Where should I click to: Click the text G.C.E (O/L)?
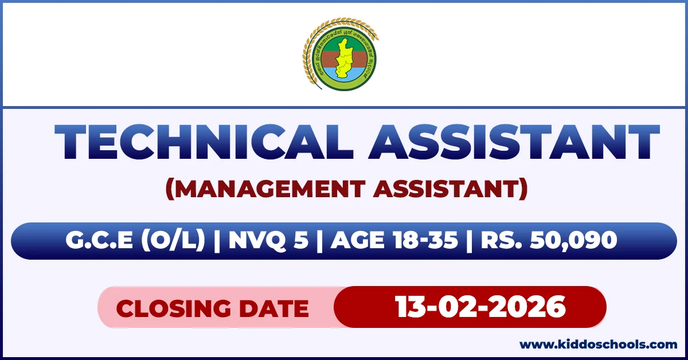tap(135, 241)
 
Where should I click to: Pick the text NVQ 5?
tap(268, 241)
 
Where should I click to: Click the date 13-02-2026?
tap(480, 307)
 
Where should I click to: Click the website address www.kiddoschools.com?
tap(598, 345)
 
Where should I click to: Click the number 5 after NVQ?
tap(301, 241)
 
